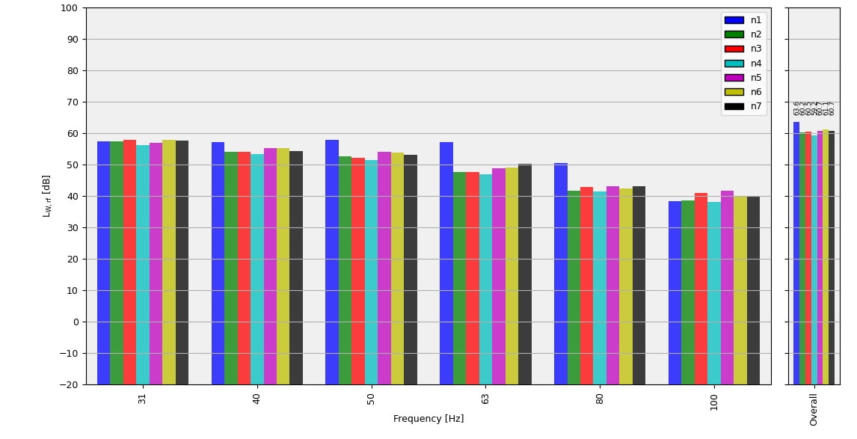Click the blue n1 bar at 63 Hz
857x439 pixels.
click(446, 262)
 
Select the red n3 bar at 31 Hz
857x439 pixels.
click(130, 262)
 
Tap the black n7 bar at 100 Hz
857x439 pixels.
click(753, 290)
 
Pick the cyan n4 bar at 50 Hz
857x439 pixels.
click(371, 271)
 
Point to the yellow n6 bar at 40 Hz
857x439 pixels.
click(283, 265)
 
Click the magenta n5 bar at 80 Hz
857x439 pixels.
click(612, 284)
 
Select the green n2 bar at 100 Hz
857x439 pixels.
click(688, 292)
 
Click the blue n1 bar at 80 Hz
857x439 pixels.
click(561, 273)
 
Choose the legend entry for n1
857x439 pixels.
click(743, 20)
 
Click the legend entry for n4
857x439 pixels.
click(743, 64)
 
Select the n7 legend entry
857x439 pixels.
click(743, 106)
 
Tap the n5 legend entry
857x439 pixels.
click(743, 78)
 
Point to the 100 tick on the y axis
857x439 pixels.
click(69, 8)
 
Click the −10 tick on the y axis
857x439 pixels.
click(67, 354)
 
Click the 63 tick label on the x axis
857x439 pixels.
click(485, 399)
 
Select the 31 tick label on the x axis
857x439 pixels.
click(143, 399)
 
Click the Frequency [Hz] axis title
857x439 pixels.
click(428, 420)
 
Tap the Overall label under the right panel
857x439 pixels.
click(814, 409)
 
